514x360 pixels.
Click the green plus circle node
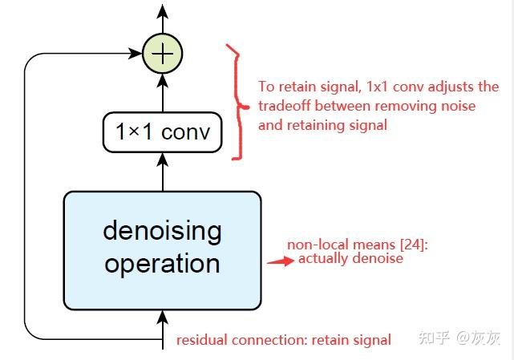click(163, 54)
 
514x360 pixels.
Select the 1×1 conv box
click(163, 132)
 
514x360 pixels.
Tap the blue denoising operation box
click(163, 249)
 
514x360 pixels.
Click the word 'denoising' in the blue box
click(162, 232)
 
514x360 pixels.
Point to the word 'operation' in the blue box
click(162, 264)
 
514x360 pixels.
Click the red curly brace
click(233, 103)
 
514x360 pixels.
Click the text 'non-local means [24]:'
click(358, 245)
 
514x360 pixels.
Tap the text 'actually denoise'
click(350, 259)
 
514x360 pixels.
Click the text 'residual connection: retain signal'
click(284, 340)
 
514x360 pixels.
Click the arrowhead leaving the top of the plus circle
click(163, 11)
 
